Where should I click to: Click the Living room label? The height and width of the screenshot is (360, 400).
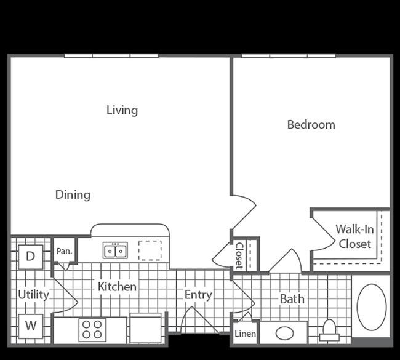click(x=122, y=110)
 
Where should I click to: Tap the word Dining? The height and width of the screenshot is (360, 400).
click(x=73, y=194)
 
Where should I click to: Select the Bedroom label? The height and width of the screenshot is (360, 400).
click(x=311, y=125)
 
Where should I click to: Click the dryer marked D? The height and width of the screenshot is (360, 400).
click(x=31, y=257)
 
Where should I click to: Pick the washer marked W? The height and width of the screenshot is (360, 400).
click(x=31, y=326)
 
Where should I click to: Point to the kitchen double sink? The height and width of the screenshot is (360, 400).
click(x=115, y=250)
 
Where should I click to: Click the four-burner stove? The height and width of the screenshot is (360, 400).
click(x=92, y=330)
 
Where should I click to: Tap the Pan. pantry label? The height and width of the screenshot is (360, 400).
click(x=64, y=251)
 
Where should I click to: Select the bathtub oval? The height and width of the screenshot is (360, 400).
click(x=372, y=307)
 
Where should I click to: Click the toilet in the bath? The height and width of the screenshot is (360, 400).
click(x=329, y=330)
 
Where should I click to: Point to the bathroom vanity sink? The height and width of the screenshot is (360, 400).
click(x=285, y=333)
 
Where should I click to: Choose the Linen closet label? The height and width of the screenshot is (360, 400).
click(x=245, y=334)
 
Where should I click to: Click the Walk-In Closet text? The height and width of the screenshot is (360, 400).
click(x=354, y=236)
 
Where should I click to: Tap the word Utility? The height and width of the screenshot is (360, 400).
click(x=33, y=295)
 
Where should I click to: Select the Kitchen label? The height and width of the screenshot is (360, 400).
click(x=117, y=287)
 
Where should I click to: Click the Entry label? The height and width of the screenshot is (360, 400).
click(x=198, y=295)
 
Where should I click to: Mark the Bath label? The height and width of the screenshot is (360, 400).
click(x=292, y=299)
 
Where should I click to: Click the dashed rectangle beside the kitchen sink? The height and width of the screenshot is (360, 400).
click(x=150, y=250)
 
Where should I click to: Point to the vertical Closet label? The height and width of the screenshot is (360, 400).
click(x=239, y=255)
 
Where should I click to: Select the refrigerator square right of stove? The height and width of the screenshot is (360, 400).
click(x=146, y=328)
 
